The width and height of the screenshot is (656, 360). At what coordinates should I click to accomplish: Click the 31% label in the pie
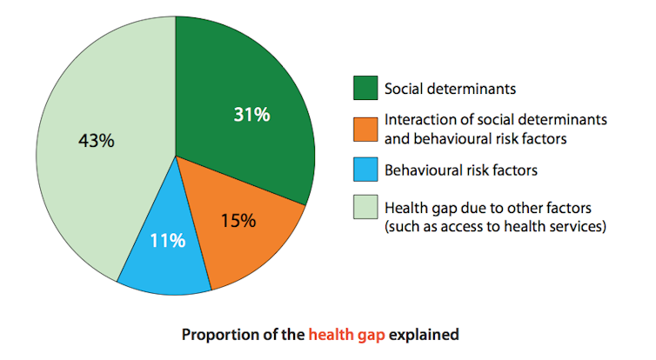[251, 115]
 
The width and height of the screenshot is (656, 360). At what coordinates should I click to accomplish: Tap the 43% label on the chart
[97, 141]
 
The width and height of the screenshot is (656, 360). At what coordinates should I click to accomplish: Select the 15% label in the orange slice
[238, 221]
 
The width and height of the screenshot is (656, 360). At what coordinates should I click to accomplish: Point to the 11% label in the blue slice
[167, 241]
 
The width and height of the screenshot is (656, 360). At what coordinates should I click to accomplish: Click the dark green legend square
[365, 88]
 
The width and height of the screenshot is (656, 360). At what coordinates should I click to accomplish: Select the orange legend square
[365, 130]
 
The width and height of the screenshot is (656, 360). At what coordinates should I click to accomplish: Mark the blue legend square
[365, 170]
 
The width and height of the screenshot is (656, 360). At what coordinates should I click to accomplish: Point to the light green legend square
[365, 207]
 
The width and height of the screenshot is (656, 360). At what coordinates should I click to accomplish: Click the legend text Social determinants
[450, 89]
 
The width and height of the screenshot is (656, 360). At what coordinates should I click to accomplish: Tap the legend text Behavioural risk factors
[461, 170]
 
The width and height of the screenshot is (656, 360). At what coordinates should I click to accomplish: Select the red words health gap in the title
[347, 335]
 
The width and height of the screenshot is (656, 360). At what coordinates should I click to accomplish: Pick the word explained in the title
[424, 335]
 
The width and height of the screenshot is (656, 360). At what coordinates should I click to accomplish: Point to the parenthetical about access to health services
[495, 227]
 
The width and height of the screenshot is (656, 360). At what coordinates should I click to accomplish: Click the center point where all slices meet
[176, 156]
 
